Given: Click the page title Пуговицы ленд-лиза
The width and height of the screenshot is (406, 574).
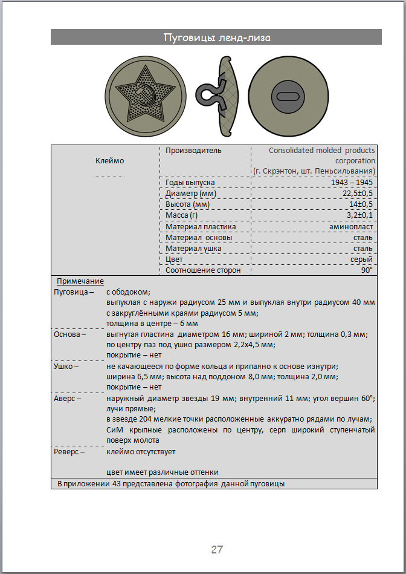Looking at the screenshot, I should (216, 38).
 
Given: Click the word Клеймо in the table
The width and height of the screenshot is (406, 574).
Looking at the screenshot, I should (109, 160).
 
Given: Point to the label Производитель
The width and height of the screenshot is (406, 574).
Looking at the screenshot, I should (193, 150).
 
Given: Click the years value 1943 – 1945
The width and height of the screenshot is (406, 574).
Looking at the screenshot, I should (352, 182).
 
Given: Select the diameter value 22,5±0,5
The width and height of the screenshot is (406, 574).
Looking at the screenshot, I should (355, 193).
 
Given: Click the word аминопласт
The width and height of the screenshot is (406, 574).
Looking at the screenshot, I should (352, 226).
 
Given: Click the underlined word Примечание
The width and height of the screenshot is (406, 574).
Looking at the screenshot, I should (80, 281).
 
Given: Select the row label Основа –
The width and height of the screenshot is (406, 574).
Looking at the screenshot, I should (70, 334).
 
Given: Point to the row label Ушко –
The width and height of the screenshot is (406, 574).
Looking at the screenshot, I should (67, 366).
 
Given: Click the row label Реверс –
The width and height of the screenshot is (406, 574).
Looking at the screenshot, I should (69, 451).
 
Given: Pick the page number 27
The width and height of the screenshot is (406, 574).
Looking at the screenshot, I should (217, 549).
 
